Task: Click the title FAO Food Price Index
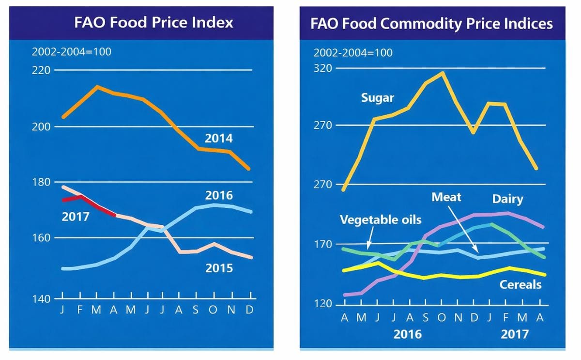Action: [x=153, y=22]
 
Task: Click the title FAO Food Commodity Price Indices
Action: [x=432, y=24]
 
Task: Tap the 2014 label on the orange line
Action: [x=218, y=139]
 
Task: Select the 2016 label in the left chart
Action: [x=218, y=196]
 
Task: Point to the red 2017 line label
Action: [x=76, y=217]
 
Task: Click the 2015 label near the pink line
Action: [x=219, y=268]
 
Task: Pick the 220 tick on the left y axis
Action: [x=41, y=70]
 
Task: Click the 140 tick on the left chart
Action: [x=41, y=299]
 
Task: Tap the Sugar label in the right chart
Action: [x=378, y=98]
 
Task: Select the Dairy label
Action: [x=507, y=199]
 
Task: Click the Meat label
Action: [x=446, y=197]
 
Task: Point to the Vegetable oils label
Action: [x=381, y=220]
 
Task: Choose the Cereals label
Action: [x=520, y=284]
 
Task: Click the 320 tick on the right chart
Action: [x=323, y=68]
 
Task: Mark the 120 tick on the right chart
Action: [x=323, y=304]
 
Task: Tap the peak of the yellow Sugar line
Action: [x=442, y=73]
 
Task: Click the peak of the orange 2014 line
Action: [x=97, y=87]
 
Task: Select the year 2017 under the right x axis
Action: [x=515, y=334]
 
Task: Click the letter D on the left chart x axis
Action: [x=250, y=310]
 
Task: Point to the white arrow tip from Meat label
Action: [x=478, y=252]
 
